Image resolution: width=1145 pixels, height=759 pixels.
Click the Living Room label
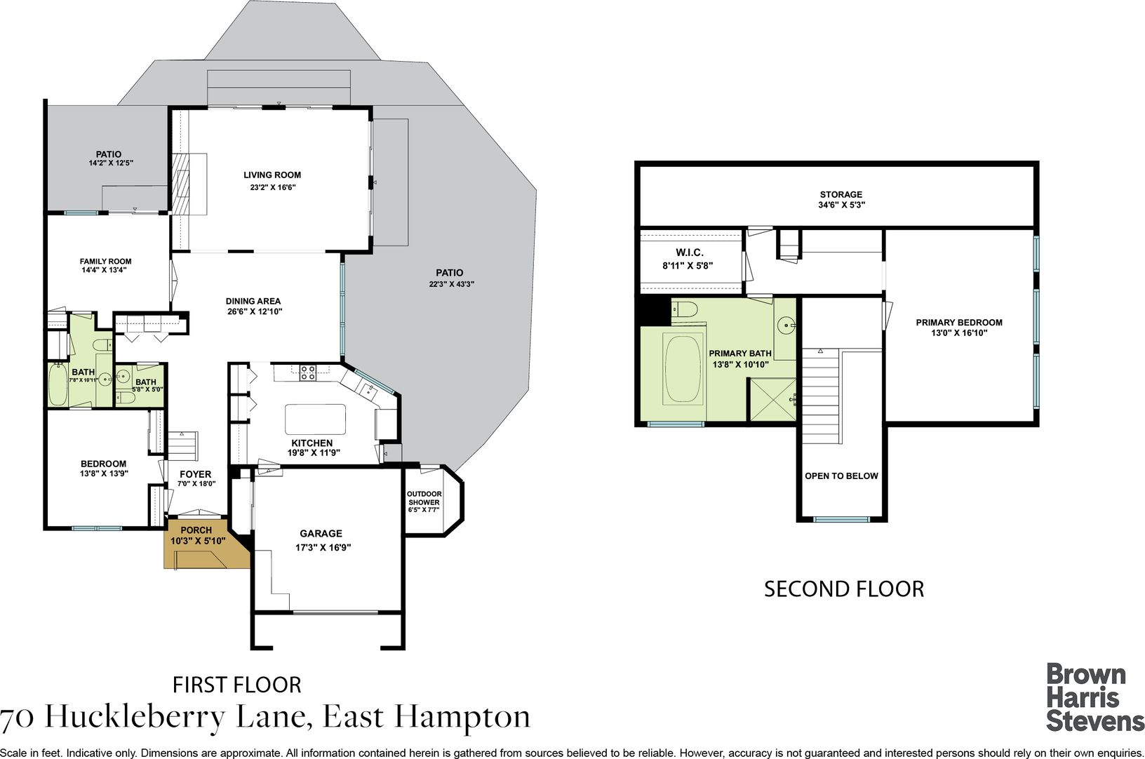click(272, 175)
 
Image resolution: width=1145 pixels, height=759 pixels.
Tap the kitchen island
click(315, 419)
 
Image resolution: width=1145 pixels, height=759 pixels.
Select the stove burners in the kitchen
click(307, 372)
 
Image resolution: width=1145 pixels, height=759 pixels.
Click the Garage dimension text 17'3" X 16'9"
click(323, 547)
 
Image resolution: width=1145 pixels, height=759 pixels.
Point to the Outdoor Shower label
click(424, 498)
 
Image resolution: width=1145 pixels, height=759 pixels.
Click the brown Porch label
click(196, 530)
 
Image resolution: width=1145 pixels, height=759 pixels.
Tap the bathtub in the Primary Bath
click(683, 368)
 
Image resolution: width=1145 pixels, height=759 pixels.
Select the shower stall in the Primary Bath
click(772, 400)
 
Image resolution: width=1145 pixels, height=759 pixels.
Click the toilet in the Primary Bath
click(685, 310)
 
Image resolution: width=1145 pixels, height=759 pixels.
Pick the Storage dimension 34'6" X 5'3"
click(841, 205)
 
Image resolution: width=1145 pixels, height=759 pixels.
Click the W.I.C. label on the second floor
click(690, 253)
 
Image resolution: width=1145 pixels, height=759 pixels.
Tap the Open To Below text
click(841, 476)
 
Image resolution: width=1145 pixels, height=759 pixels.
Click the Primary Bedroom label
click(959, 323)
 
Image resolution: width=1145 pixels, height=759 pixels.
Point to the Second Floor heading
click(844, 589)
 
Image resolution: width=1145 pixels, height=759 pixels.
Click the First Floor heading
click(236, 685)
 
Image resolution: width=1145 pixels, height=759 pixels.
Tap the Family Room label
click(105, 261)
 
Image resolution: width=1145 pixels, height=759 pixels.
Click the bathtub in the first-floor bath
click(58, 384)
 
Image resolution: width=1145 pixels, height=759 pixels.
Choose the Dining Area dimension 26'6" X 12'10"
click(255, 311)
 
